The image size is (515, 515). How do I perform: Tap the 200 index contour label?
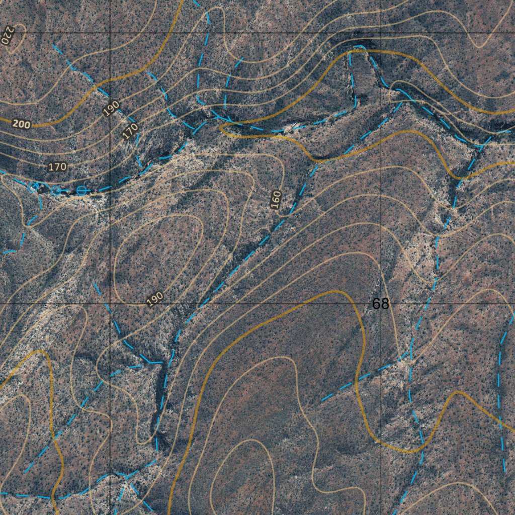(21, 124)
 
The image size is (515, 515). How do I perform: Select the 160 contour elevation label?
(276, 200)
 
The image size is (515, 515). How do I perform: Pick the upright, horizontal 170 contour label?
(57, 166)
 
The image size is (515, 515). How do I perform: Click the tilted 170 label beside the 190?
(130, 131)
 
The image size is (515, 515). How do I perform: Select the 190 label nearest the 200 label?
(112, 108)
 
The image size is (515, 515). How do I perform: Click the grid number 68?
(381, 304)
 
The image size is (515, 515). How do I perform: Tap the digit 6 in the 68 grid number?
(377, 304)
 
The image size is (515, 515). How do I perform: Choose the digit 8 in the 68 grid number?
(385, 304)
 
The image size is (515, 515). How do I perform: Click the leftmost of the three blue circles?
(33, 187)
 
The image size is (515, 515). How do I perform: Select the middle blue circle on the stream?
(56, 190)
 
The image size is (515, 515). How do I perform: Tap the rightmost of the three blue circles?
(81, 190)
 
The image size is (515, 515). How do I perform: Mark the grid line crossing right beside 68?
(381, 304)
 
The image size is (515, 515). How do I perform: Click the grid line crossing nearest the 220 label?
(111, 33)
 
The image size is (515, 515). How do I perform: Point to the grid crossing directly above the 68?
(381, 33)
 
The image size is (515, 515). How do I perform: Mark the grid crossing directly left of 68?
(111, 304)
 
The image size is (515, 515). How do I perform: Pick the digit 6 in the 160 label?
(276, 200)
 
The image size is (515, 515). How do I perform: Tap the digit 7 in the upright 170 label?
(57, 166)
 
